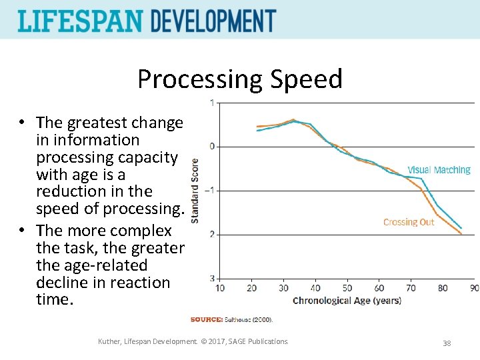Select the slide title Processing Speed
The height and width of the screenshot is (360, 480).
[x=239, y=79]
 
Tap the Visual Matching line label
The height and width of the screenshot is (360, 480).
[x=439, y=170]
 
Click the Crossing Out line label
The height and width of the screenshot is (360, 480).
[x=409, y=222]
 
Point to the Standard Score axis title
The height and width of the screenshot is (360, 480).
[x=195, y=190]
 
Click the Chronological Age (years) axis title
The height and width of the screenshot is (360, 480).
[x=347, y=301]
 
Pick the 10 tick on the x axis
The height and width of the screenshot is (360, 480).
[x=220, y=288]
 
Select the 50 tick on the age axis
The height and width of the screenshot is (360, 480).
[x=347, y=288]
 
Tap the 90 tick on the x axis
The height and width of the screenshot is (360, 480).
[x=474, y=288]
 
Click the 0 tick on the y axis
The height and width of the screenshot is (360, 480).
[x=212, y=147]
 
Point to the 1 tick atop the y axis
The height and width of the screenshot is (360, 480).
[x=212, y=103]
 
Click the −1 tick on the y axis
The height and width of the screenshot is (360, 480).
[x=210, y=191]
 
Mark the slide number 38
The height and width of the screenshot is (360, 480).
[x=447, y=343]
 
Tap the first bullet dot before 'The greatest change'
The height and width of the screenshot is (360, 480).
[x=22, y=123]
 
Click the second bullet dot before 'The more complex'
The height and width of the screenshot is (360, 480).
[x=22, y=231]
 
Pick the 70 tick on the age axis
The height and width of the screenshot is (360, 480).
[x=411, y=288]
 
